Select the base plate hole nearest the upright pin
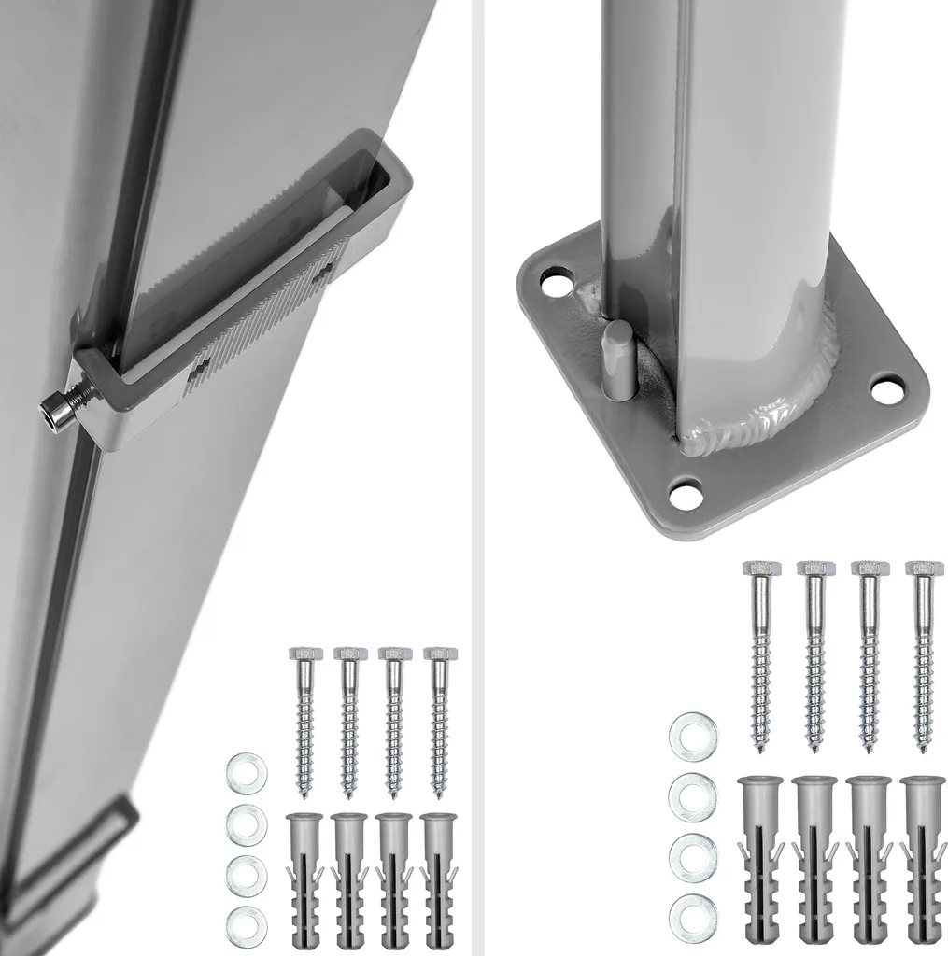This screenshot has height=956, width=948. point(557,281)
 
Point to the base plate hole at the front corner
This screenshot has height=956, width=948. point(686,495)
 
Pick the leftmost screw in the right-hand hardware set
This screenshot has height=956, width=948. point(761,654)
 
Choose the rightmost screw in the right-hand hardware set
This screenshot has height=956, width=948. point(924,654)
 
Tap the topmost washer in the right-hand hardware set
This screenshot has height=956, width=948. point(692,736)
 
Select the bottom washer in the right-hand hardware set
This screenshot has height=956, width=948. point(692,915)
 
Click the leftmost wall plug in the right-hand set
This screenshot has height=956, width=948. point(761,859)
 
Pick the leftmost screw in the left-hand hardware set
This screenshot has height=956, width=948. point(305,719)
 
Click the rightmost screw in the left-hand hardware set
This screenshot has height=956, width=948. point(438,719)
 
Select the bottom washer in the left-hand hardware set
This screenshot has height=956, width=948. point(246,924)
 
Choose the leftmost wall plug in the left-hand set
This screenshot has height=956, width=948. point(305,878)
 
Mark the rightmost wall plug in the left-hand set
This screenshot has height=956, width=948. point(438,878)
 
